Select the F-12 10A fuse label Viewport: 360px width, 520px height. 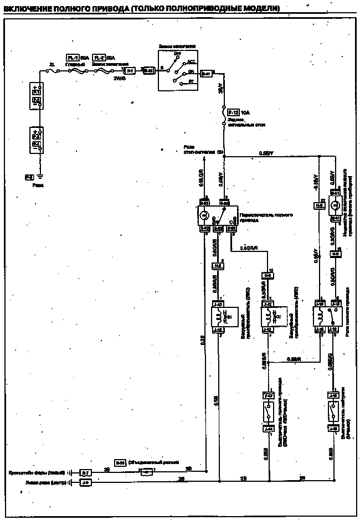click(233, 112)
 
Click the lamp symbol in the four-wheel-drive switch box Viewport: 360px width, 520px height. click(203, 215)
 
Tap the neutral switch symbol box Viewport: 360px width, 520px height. click(333, 411)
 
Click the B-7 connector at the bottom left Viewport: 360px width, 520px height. click(85, 472)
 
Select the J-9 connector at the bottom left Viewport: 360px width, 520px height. click(85, 483)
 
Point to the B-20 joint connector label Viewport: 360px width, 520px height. click(120, 461)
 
